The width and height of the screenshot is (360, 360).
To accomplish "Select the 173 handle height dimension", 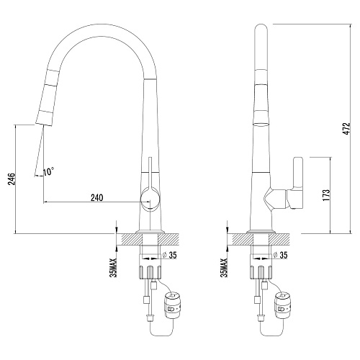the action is (327, 195).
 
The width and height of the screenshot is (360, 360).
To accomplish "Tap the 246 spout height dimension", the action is (12, 179).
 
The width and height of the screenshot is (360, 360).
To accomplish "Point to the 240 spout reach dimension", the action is (97, 198).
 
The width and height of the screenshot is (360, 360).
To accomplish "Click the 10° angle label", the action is (48, 171).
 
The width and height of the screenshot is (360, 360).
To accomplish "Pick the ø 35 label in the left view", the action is (170, 256).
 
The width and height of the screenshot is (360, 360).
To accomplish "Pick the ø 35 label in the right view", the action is (280, 256).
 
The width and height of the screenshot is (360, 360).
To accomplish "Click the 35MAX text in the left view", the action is (113, 268).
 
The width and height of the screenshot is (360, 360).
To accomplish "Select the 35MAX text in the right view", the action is (224, 268).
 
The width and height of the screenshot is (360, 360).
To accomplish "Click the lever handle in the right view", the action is (298, 182).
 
